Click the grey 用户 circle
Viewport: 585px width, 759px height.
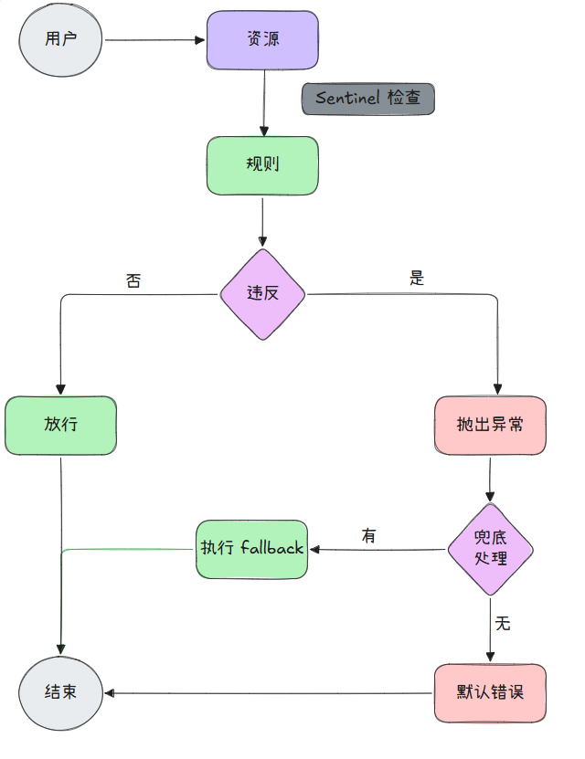[x=60, y=39]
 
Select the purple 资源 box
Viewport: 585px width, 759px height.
[x=262, y=40]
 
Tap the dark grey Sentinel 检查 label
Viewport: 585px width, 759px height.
[x=368, y=99]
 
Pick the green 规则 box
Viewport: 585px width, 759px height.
[x=262, y=165]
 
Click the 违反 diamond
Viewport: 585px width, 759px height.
[x=262, y=294]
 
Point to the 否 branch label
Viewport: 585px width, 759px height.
[x=133, y=280]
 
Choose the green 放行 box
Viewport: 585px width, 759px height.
[x=60, y=425]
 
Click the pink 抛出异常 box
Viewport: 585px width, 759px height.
[x=490, y=425]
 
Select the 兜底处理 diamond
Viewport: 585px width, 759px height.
[x=490, y=549]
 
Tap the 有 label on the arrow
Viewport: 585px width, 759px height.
[x=369, y=536]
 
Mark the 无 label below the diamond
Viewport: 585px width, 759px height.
[x=503, y=624]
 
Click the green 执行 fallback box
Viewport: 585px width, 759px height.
[x=251, y=549]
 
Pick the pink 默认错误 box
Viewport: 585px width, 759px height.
[x=490, y=692]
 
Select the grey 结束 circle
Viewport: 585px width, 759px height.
[x=60, y=692]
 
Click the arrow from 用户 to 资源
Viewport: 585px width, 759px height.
[x=155, y=40]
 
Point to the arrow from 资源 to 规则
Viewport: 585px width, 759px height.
[x=263, y=102]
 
